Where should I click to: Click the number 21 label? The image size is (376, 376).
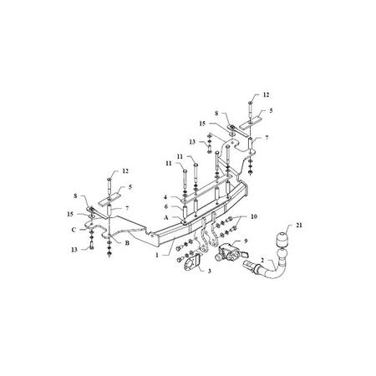click(299, 225)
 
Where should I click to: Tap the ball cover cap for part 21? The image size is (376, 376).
click(283, 239)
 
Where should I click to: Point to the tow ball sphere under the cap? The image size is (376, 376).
click(282, 254)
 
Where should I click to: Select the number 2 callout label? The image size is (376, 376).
click(262, 261)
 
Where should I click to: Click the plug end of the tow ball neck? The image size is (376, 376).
click(250, 265)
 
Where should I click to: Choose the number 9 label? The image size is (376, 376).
click(246, 241)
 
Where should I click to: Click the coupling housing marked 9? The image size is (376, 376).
click(227, 252)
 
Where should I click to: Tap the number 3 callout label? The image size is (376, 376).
click(210, 271)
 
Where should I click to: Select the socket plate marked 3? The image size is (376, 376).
click(192, 262)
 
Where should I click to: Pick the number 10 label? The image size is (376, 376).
click(254, 216)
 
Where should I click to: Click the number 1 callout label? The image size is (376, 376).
click(157, 255)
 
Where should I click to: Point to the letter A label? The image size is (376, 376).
click(166, 217)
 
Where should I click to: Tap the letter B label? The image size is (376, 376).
click(127, 243)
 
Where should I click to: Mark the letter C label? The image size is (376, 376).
click(74, 230)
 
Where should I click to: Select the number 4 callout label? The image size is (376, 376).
click(165, 197)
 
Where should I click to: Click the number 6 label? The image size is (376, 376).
click(166, 207)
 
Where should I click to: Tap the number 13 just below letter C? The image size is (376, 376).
click(74, 250)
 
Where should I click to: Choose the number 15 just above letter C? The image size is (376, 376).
click(70, 214)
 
